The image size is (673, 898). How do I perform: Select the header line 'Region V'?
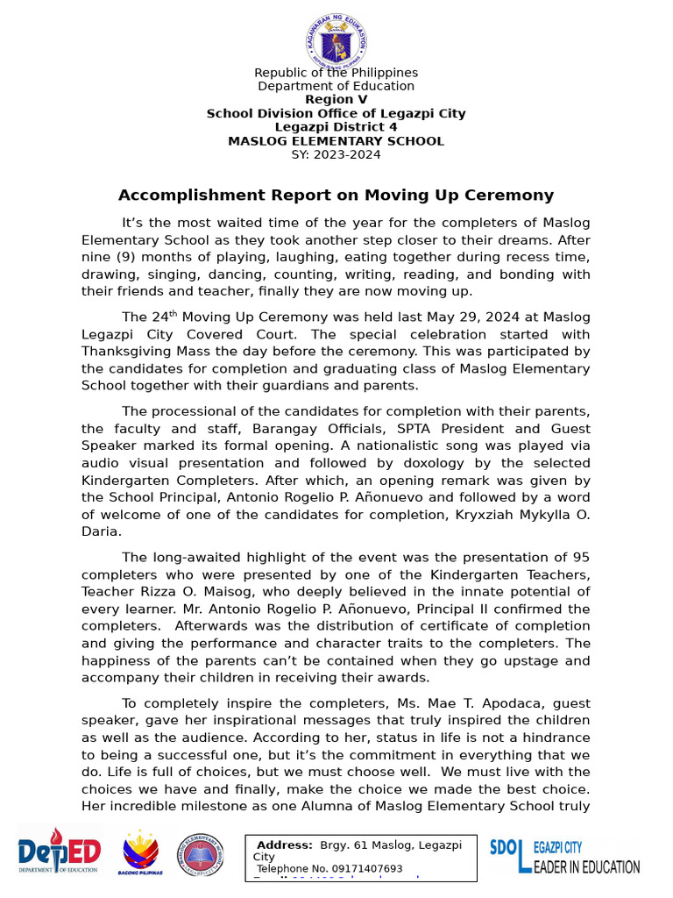tap(336, 99)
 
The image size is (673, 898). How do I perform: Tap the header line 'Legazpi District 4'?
tap(336, 127)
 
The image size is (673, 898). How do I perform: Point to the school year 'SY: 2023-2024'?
tap(336, 154)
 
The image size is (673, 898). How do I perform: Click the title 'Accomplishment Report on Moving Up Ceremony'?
tap(336, 195)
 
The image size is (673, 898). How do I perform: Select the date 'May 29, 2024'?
tap(471, 317)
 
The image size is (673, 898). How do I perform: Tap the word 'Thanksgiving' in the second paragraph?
tap(123, 350)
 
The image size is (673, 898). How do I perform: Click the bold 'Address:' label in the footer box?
tap(284, 845)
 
